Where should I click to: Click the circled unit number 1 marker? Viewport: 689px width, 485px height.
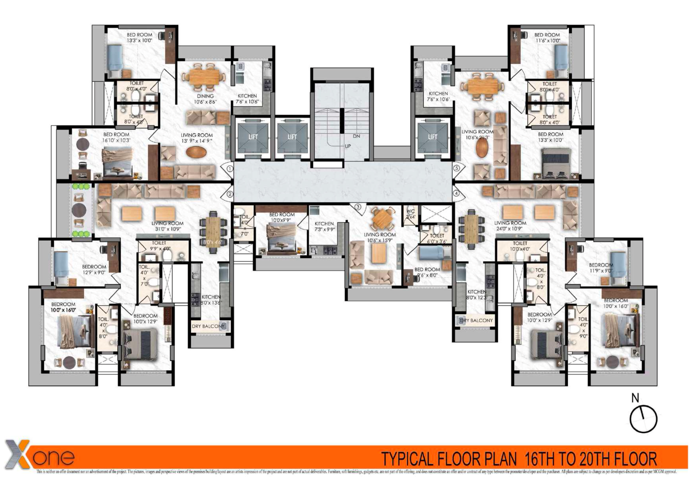(230, 169)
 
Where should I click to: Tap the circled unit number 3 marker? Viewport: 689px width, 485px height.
(358, 207)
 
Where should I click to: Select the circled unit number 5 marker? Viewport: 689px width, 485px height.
(456, 168)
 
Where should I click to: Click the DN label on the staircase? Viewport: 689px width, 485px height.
(356, 136)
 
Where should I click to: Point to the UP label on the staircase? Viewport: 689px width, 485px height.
(348, 146)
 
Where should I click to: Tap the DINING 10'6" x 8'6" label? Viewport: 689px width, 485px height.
(205, 99)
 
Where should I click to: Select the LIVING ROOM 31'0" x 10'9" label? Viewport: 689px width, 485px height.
(167, 226)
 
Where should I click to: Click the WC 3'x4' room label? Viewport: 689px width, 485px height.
(410, 214)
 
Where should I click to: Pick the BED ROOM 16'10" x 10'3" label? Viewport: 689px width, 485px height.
(116, 137)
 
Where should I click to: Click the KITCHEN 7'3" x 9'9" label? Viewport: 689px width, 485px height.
(324, 226)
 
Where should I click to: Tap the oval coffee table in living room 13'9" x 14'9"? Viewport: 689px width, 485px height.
(196, 152)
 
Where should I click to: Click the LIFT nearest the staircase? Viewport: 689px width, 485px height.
(292, 137)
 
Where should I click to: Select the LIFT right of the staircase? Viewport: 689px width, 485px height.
(433, 137)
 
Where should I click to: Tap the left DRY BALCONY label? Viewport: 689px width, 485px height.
(208, 326)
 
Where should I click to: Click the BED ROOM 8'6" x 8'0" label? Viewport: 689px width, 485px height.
(427, 272)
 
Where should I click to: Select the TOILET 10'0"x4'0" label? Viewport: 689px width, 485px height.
(520, 246)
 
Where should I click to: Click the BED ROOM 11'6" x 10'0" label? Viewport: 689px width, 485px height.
(547, 37)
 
